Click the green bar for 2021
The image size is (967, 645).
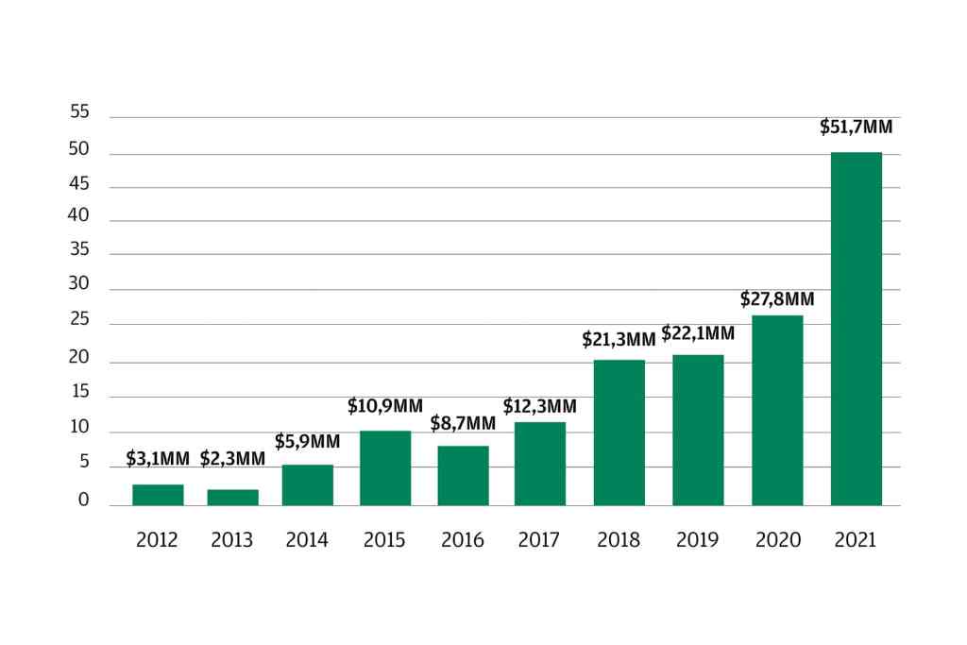[856, 329]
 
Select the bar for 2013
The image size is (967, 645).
[232, 498]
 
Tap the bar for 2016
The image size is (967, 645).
[463, 476]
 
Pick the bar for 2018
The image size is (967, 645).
[619, 433]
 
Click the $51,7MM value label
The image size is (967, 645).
[856, 127]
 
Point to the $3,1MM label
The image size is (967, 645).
[157, 460]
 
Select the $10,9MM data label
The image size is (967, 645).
[384, 406]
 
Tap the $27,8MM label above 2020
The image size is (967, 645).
[777, 299]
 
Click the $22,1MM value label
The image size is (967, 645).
[698, 332]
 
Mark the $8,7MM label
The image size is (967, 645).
[463, 423]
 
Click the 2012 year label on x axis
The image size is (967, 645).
[157, 540]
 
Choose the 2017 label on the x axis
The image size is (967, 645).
[539, 540]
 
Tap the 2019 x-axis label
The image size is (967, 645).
[698, 540]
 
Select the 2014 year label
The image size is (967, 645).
[307, 540]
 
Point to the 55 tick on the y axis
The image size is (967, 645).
[80, 112]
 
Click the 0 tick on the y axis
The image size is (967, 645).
[83, 501]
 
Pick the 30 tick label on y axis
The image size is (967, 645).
[80, 284]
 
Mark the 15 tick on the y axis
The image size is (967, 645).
[80, 392]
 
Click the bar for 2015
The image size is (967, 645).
[384, 468]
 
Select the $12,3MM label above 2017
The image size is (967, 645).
[539, 407]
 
